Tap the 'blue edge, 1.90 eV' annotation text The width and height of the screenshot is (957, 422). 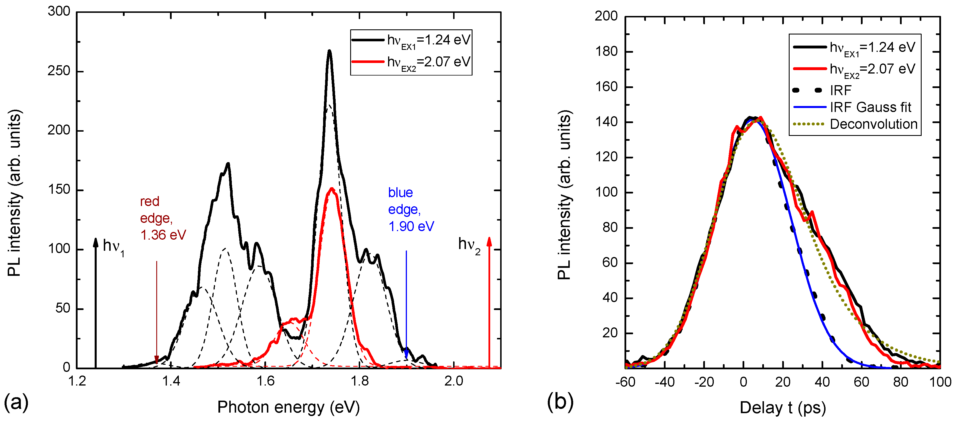click(411, 209)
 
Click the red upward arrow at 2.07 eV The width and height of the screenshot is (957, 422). click(489, 297)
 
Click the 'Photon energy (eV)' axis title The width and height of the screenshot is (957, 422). click(288, 407)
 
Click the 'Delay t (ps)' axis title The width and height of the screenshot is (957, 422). click(782, 407)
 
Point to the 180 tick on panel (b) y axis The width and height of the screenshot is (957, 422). click(606, 51)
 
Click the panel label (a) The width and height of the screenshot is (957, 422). click(16, 401)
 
